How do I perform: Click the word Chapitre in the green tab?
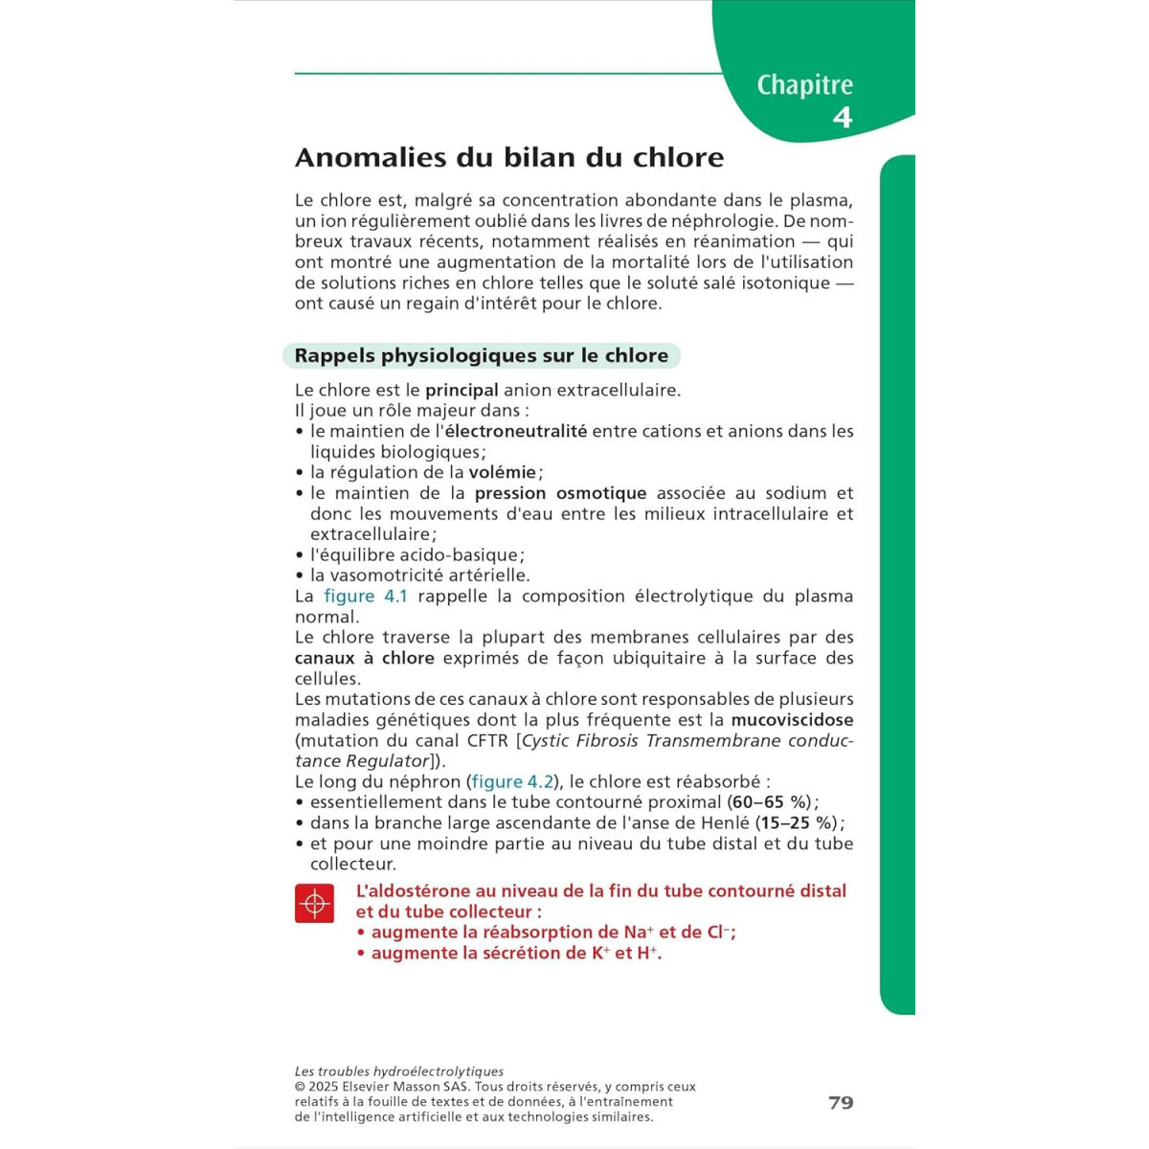point(804,85)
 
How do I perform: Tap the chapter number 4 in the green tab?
point(842,118)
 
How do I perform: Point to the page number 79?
point(841,1103)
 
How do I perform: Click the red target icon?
point(314,903)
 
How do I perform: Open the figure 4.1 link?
point(366,597)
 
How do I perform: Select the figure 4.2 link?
point(512,782)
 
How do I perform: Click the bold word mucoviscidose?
point(792,720)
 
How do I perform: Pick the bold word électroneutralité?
point(516,432)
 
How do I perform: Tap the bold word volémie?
point(502,473)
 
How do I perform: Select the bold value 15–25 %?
point(799,823)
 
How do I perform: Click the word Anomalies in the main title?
point(371,158)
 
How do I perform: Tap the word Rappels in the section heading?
point(334,356)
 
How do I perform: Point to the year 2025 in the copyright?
point(324,1088)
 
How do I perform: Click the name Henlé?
point(725,823)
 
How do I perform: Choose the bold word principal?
point(462,391)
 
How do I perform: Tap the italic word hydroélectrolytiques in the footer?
point(439,1072)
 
